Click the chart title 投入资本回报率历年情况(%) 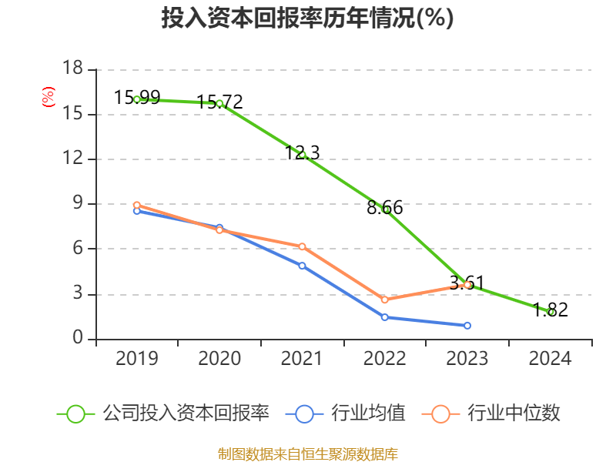307,18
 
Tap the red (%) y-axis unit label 48,98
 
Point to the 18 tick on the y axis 72,69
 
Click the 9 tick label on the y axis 77,204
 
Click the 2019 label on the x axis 136,359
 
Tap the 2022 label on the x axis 384,359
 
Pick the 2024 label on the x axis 550,359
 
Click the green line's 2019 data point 137,99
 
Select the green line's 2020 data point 219,103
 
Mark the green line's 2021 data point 303,155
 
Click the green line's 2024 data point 551,312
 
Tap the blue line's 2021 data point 302,266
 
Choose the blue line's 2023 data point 467,326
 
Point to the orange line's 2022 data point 384,300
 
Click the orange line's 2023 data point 467,285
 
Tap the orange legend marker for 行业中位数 440,413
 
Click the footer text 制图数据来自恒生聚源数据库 307,454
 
